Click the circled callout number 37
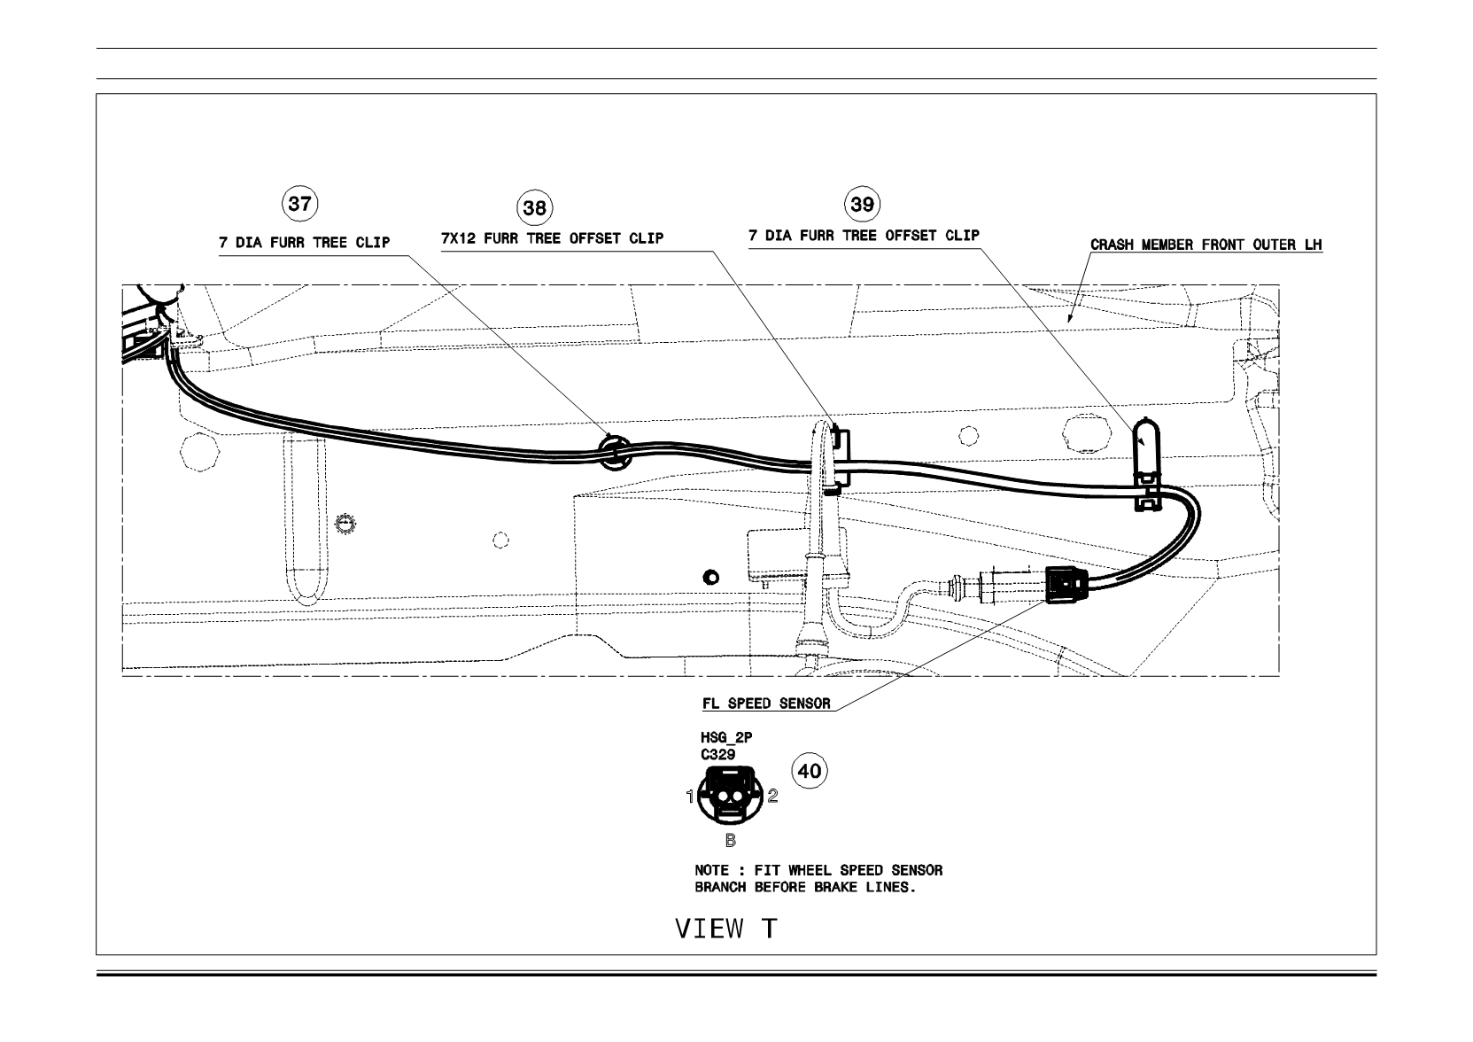click(300, 203)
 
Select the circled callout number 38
click(535, 208)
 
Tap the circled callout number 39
click(862, 204)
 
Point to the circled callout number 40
click(810, 770)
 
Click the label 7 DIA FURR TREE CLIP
click(305, 243)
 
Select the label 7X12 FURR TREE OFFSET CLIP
click(553, 238)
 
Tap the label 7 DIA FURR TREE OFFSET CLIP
click(864, 236)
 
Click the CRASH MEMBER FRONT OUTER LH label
click(1206, 245)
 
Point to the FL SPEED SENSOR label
click(766, 704)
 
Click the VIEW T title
click(726, 929)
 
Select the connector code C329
click(718, 755)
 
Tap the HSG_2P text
click(726, 737)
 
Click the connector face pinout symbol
click(730, 796)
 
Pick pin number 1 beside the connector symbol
click(690, 797)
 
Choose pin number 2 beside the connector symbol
click(772, 796)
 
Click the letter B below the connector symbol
click(731, 840)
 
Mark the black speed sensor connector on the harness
click(1066, 585)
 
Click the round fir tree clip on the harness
click(614, 452)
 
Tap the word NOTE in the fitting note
click(712, 870)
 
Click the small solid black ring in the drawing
click(711, 578)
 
